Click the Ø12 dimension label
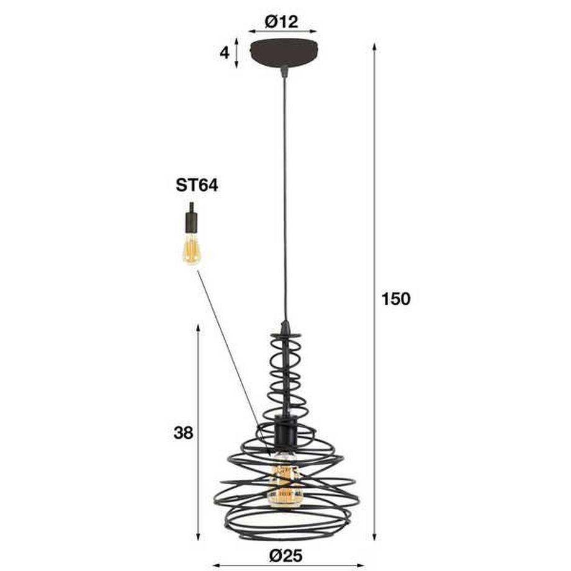coord(282,22)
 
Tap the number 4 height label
coord(224,52)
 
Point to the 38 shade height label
coord(183,433)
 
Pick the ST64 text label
coord(197,186)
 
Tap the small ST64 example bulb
coord(191,248)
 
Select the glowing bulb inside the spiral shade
coord(284,481)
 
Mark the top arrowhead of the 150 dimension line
coord(375,47)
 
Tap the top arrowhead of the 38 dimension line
coord(198,326)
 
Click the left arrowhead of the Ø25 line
coord(215,565)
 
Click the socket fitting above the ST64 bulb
coord(191,219)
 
